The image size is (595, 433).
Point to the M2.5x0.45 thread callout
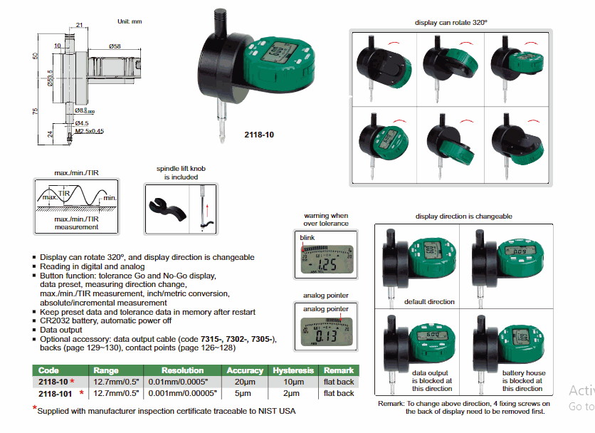pos(90,131)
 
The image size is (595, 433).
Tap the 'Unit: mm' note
pos(130,21)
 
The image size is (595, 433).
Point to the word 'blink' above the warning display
pos(307,237)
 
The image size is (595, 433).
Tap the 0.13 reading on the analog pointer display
pos(327,335)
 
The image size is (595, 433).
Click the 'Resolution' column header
pos(182,370)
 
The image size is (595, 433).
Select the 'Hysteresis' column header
pos(293,370)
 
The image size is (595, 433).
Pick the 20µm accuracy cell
pos(244,382)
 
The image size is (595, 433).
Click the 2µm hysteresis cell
pos(293,392)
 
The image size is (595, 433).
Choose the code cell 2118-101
pos(56,392)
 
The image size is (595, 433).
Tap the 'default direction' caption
pos(429,301)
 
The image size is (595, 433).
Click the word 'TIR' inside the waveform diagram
pos(65,192)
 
